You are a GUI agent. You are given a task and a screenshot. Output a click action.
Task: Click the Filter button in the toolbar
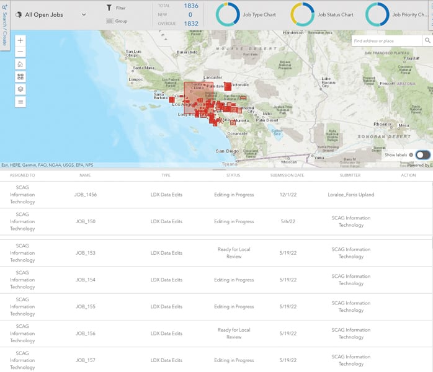tap(116, 8)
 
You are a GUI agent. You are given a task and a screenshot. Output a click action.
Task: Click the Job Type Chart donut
tap(230, 14)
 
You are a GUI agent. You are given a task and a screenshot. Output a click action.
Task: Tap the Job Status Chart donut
tap(304, 14)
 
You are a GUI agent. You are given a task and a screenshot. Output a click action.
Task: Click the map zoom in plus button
tap(20, 40)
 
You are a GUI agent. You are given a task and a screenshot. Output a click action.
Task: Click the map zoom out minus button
tap(20, 52)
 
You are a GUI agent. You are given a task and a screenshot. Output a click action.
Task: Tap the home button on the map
tap(20, 64)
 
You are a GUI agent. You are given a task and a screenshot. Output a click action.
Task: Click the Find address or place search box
tap(386, 41)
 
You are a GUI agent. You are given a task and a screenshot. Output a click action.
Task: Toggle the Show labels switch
tap(422, 155)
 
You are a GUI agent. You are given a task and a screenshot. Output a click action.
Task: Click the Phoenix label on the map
tap(382, 125)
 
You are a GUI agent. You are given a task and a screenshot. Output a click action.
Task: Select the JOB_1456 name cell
tap(86, 195)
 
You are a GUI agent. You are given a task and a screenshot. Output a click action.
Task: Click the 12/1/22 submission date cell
tap(287, 195)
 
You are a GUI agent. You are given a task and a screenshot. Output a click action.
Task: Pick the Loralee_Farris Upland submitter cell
tap(350, 195)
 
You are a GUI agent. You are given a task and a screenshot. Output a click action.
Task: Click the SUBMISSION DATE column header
tap(287, 175)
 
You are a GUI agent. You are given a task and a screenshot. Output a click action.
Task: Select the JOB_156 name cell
tap(86, 333)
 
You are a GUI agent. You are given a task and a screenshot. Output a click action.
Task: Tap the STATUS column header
tap(233, 175)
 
